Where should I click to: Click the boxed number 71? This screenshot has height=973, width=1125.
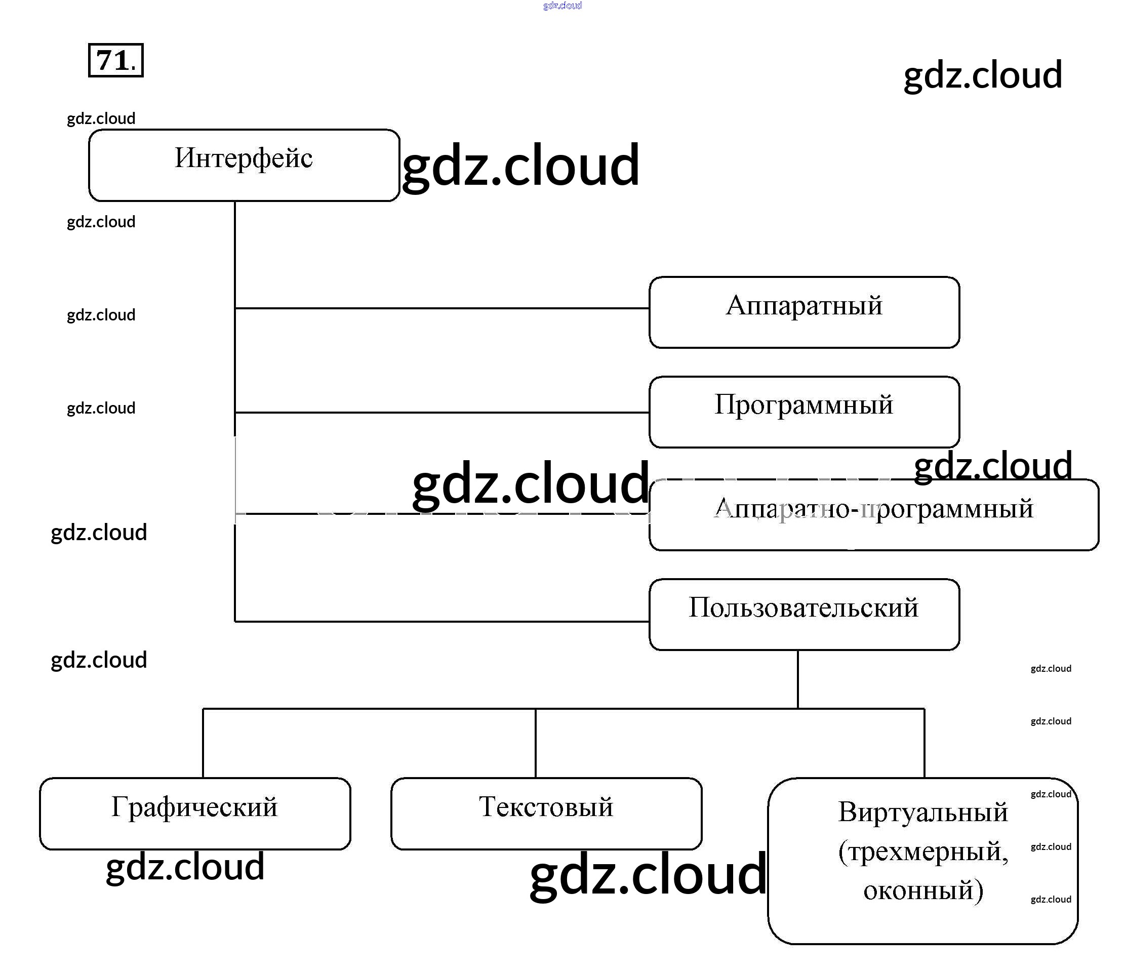[x=115, y=60]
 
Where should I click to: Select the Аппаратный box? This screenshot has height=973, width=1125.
[x=803, y=312]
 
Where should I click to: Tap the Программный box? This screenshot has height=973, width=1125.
[x=803, y=412]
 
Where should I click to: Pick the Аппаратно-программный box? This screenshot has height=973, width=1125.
[x=873, y=515]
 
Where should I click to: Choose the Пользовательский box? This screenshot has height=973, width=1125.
[x=803, y=614]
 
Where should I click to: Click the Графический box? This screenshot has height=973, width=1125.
[x=195, y=813]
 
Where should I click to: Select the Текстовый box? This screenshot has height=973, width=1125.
[x=546, y=813]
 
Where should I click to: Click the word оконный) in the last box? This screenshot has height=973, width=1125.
[x=922, y=890]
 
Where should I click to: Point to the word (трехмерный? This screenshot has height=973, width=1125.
[x=922, y=852]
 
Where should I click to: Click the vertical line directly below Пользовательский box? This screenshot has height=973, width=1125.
[x=797, y=679]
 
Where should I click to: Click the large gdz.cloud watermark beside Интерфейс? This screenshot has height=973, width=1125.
[x=520, y=166]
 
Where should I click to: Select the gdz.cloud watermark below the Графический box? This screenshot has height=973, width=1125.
[x=185, y=867]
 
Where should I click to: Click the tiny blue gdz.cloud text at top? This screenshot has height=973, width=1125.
[x=562, y=6]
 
